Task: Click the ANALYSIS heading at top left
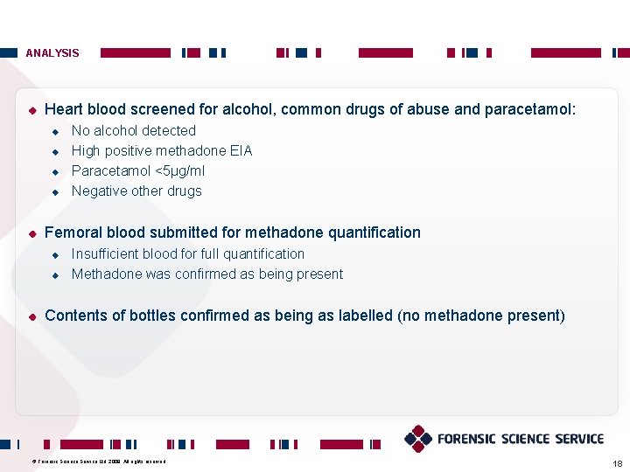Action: (52, 53)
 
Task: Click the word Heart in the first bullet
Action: (63, 109)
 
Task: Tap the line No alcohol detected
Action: (133, 131)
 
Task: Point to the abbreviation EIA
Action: (240, 151)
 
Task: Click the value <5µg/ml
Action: (178, 171)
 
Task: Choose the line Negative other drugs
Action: (136, 191)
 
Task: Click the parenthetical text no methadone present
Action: (481, 316)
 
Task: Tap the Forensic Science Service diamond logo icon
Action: (418, 439)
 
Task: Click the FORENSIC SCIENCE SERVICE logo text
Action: (521, 439)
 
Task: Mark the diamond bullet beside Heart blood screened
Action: (31, 110)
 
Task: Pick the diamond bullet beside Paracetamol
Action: (54, 171)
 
